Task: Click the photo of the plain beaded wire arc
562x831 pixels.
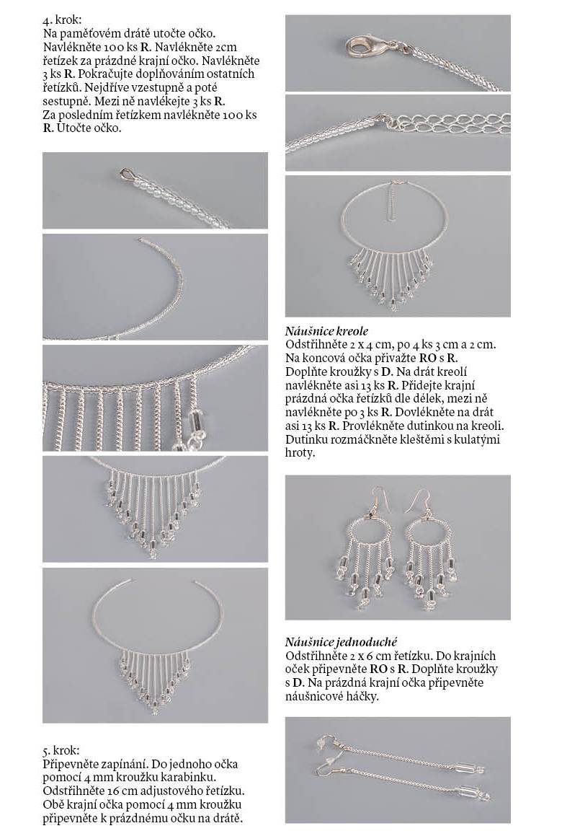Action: pos(154,286)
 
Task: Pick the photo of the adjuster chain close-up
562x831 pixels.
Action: pos(398,133)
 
